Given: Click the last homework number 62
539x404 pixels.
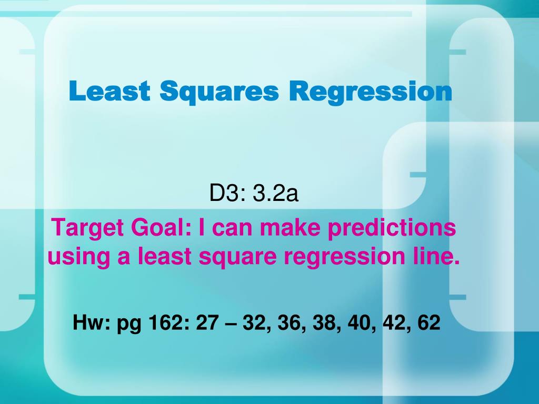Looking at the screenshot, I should pos(428,322).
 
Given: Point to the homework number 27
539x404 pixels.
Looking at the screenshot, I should pos(206,322).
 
